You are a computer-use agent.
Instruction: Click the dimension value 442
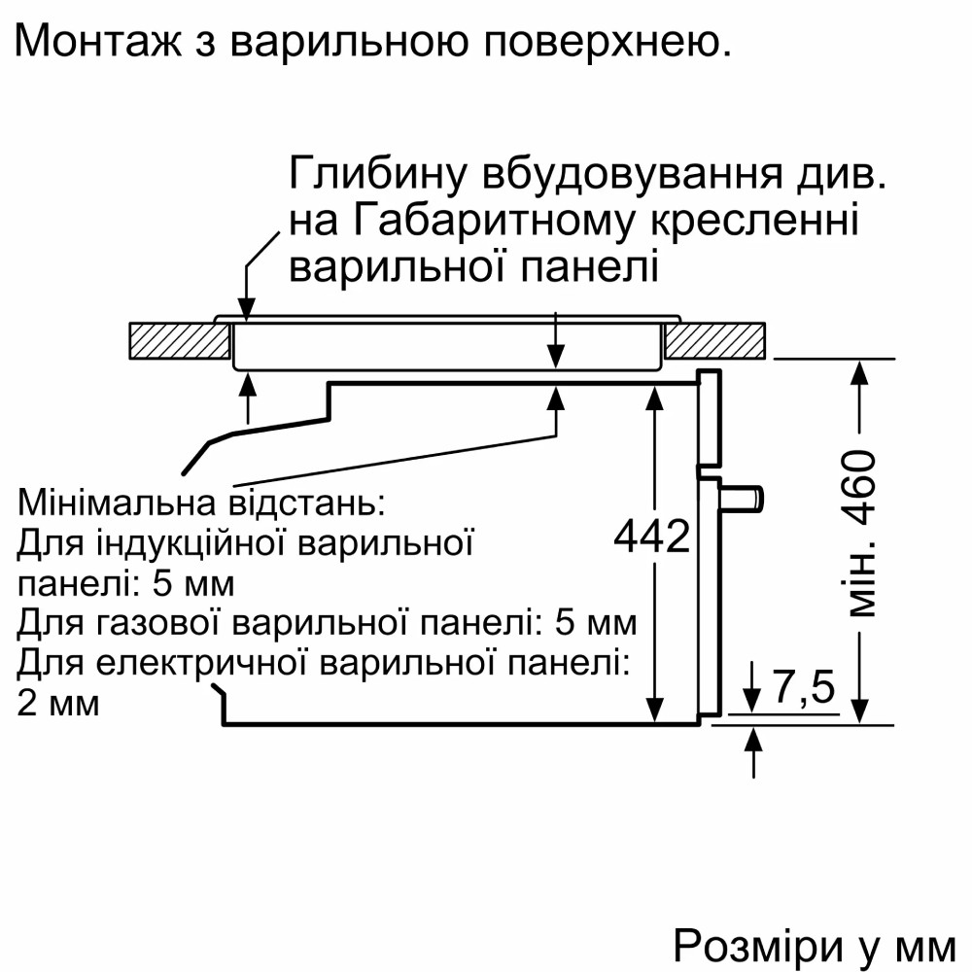[x=651, y=536]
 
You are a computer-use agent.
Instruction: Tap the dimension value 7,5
[x=804, y=688]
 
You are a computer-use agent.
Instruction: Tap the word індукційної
[x=194, y=543]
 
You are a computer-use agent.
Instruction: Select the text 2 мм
[x=58, y=702]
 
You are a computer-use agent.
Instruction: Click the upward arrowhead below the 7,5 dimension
[x=753, y=741]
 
